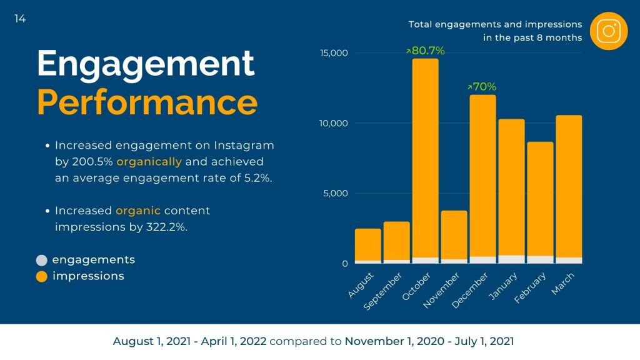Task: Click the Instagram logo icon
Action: click(608, 31)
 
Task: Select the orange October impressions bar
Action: click(425, 156)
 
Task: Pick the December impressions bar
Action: click(482, 175)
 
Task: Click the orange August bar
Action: click(367, 244)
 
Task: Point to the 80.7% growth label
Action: click(426, 51)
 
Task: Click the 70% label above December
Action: click(482, 87)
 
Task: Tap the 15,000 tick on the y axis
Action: click(334, 53)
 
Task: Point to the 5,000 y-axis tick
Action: click(336, 193)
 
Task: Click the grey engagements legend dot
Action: click(42, 260)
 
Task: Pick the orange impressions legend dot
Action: click(42, 276)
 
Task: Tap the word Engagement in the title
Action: click(146, 63)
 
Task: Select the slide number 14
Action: click(20, 19)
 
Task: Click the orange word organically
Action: click(149, 161)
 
